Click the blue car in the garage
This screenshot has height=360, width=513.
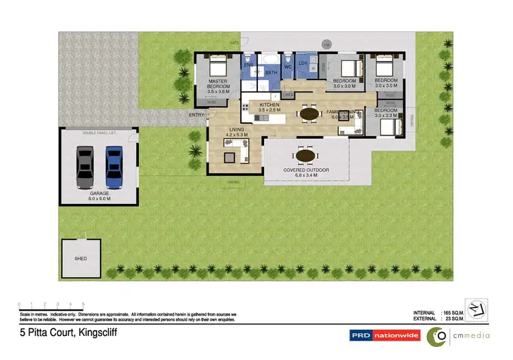click(x=114, y=168)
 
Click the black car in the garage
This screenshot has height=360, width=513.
click(x=85, y=168)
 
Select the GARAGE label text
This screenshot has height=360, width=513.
click(x=100, y=194)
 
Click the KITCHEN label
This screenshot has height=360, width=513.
click(x=269, y=104)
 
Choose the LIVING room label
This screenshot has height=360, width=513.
click(x=237, y=129)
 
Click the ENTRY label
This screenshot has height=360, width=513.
click(x=197, y=115)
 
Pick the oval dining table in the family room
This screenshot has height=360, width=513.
click(x=310, y=114)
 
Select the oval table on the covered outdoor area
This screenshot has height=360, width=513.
click(x=306, y=155)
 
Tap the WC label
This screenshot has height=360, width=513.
click(x=288, y=66)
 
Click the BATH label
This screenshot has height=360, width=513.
click(x=271, y=73)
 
